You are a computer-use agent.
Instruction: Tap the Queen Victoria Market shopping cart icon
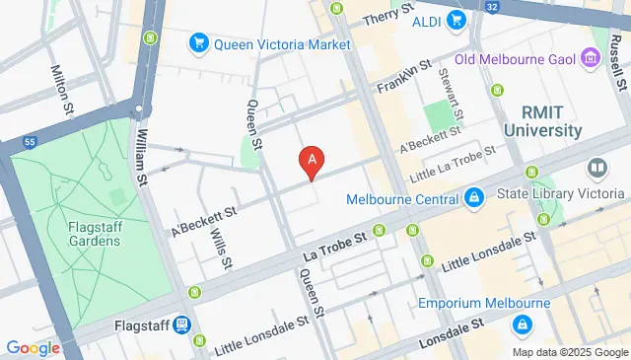click(x=198, y=43)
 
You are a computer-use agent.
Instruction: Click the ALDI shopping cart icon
click(x=455, y=20)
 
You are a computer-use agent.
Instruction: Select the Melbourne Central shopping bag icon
click(x=474, y=199)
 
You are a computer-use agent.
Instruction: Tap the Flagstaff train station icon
click(x=182, y=324)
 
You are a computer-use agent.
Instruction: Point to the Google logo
click(x=34, y=347)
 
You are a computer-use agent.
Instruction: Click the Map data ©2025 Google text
click(x=570, y=352)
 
